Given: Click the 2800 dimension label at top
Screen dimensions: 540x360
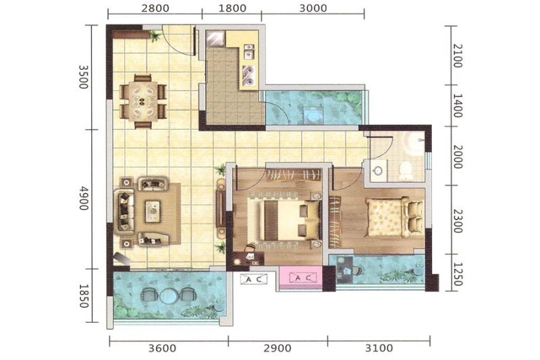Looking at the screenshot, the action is click(155, 8).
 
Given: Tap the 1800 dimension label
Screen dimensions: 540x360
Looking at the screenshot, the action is click(232, 8).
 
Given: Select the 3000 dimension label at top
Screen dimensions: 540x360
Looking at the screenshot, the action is click(313, 8).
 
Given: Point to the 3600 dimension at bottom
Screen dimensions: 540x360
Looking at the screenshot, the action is click(162, 348).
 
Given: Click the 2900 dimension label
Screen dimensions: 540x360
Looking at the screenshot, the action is click(277, 348).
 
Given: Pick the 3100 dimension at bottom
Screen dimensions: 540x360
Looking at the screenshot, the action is click(379, 348).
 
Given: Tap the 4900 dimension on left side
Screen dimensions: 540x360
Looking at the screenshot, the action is click(84, 198).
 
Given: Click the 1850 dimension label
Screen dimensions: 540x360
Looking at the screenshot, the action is click(84, 296).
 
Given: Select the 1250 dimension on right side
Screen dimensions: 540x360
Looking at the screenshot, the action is click(457, 274).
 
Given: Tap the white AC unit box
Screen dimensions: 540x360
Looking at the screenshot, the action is click(254, 279).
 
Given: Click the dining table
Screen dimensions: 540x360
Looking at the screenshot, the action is click(143, 101).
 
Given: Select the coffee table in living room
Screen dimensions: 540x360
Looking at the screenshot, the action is click(153, 211).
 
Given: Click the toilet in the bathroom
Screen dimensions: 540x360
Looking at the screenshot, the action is click(406, 170).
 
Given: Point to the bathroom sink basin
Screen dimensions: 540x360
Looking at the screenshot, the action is click(378, 170).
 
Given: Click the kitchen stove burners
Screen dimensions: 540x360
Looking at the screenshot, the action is click(248, 76).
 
